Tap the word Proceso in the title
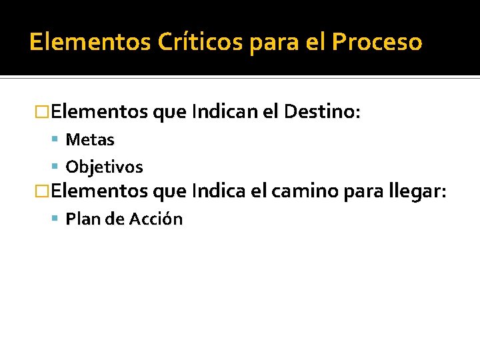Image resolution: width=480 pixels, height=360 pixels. coord(377,42)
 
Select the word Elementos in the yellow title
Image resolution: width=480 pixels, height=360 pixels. coord(91,42)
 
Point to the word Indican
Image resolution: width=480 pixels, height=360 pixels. coord(222,111)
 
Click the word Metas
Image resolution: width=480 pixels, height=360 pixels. coord(90,140)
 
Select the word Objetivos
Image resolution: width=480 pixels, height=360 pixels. coord(104,167)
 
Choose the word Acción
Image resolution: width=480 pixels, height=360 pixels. coord(157,219)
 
